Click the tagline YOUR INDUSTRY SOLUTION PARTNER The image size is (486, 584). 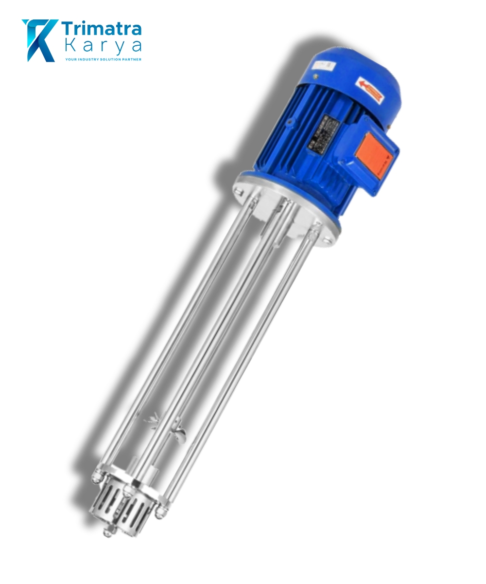tap(103, 59)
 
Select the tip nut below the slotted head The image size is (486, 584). tap(107, 532)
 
